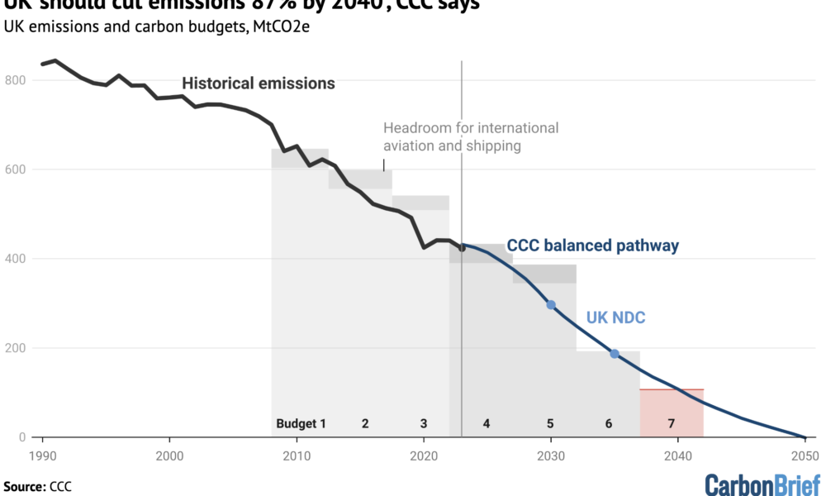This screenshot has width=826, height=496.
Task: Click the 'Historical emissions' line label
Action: [x=259, y=83]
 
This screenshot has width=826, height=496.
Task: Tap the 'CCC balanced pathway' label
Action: [x=592, y=246]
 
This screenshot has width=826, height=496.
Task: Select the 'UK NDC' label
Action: [x=615, y=317]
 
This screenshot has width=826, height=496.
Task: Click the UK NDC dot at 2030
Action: [x=551, y=305]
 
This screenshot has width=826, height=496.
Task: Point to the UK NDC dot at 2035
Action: [x=615, y=354]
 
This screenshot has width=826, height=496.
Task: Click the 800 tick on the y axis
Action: [x=14, y=80]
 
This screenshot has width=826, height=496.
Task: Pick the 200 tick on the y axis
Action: [x=14, y=348]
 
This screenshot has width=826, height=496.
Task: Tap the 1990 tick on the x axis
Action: [x=43, y=455]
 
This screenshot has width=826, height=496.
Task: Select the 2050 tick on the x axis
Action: [x=805, y=455]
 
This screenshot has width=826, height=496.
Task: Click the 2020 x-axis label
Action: [x=424, y=455]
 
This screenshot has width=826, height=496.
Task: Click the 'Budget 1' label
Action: [x=301, y=424]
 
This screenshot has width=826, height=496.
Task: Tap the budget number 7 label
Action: [x=672, y=424]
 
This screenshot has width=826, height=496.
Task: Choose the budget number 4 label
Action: [x=487, y=424]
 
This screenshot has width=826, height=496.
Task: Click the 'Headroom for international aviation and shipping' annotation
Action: [x=471, y=137]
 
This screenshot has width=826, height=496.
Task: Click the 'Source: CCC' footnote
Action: [x=37, y=486]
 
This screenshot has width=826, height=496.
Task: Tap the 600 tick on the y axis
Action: [x=14, y=169]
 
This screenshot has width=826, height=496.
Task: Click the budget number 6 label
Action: [x=609, y=424]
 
